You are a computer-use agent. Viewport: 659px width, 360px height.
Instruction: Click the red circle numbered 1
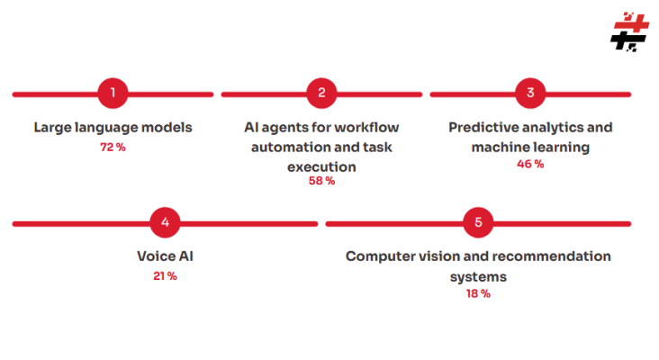(x=113, y=93)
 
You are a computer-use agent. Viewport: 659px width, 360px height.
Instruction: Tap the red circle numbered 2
(x=321, y=93)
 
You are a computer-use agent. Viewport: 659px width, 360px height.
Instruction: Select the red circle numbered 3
(x=530, y=93)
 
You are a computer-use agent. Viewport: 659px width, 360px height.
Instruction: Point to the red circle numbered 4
(x=165, y=222)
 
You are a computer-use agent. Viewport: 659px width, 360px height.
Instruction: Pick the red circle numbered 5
(x=478, y=222)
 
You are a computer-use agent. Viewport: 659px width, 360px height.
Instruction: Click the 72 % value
(x=113, y=147)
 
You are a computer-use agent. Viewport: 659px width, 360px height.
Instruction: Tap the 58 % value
(x=321, y=181)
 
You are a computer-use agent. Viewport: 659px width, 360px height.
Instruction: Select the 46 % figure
(x=530, y=164)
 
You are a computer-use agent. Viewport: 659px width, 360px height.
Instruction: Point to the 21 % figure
(x=165, y=275)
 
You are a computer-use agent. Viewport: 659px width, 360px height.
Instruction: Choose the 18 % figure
(x=478, y=293)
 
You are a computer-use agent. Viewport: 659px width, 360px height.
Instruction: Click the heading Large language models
(x=113, y=127)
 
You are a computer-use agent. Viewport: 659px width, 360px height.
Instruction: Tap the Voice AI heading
(x=165, y=256)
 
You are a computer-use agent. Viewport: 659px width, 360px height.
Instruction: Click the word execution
(x=321, y=166)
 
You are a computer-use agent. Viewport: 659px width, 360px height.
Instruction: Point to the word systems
(x=478, y=276)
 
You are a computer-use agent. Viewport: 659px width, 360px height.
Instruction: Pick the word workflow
(x=366, y=127)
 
